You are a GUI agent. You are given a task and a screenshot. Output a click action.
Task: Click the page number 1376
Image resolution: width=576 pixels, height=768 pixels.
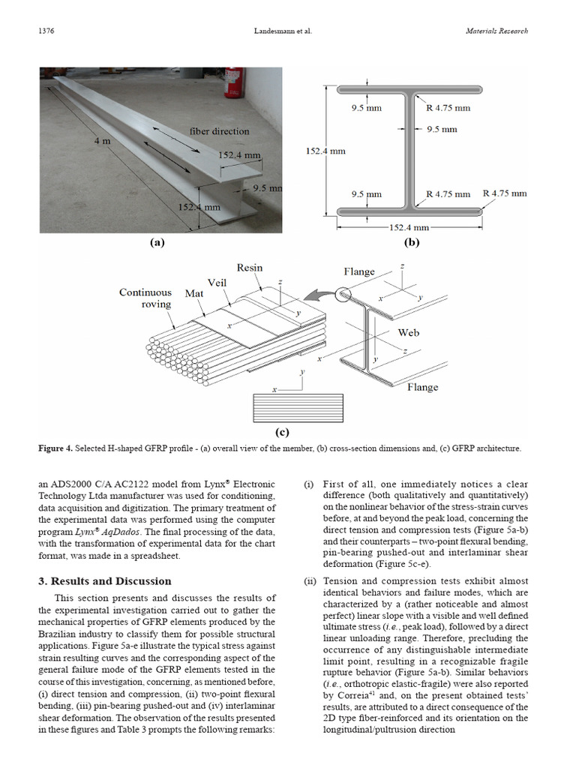(x=46, y=31)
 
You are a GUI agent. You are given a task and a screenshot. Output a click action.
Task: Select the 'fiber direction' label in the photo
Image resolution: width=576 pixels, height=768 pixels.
(x=219, y=131)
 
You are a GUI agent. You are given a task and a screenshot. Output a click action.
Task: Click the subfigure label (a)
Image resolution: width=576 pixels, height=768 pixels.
(x=157, y=242)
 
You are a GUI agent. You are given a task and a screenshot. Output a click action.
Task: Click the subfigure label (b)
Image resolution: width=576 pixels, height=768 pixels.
(x=412, y=242)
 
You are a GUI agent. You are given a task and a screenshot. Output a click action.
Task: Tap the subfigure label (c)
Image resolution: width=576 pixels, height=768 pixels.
(x=282, y=431)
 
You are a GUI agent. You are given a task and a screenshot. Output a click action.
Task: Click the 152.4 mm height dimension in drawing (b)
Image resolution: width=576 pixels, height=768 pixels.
(x=325, y=151)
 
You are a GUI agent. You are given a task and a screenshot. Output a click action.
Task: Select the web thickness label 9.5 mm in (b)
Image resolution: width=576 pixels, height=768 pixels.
(x=442, y=129)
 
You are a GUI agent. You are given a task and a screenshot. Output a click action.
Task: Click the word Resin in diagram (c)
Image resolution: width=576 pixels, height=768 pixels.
(x=250, y=268)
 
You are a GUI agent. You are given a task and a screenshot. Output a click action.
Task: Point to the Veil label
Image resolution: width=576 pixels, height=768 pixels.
(x=217, y=283)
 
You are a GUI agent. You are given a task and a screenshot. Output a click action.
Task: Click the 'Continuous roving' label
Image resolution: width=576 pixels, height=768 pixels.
(x=145, y=298)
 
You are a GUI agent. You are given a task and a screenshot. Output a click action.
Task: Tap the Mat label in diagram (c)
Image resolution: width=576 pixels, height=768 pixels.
(x=194, y=294)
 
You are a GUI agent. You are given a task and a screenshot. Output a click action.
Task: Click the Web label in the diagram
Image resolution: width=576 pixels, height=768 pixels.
(x=408, y=331)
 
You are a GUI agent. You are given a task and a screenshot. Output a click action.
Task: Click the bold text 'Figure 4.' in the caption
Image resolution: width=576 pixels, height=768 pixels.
(x=55, y=448)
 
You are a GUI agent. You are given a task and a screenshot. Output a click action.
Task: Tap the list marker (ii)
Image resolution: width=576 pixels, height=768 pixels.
(x=309, y=581)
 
